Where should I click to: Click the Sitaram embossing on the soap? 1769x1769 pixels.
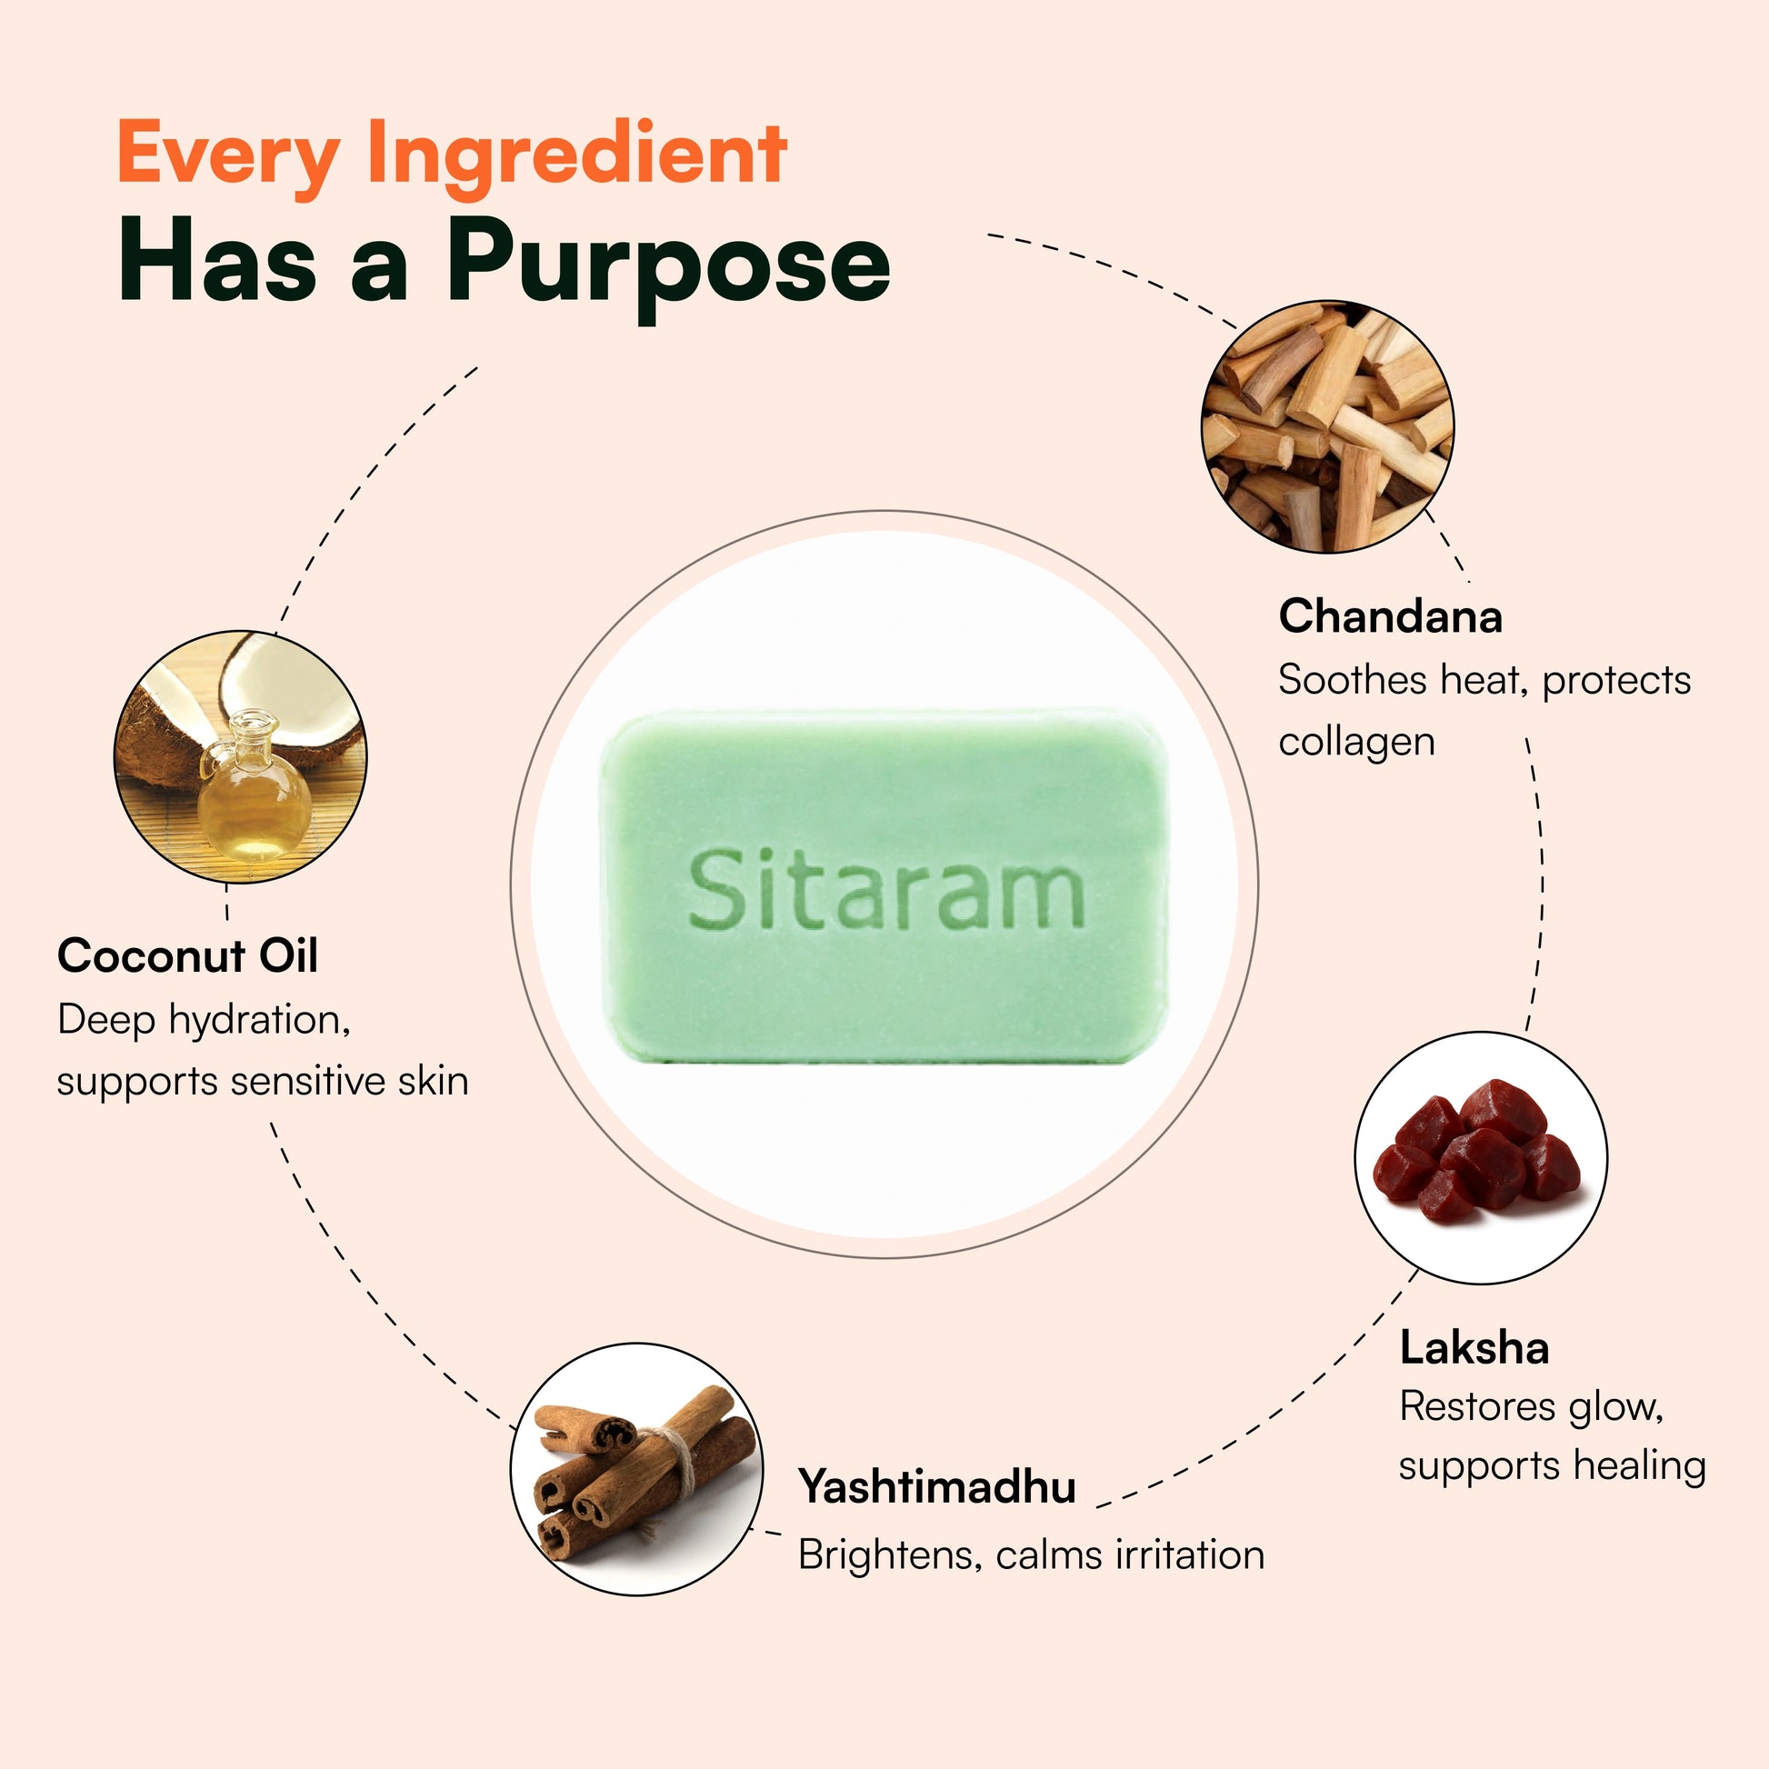pyautogui.click(x=885, y=888)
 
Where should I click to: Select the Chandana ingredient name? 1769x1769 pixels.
pyautogui.click(x=1390, y=616)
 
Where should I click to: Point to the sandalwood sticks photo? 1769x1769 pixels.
pyautogui.click(x=1327, y=425)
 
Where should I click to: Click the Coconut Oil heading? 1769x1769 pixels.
pyautogui.click(x=187, y=956)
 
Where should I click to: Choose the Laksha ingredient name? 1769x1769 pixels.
pyautogui.click(x=1474, y=1349)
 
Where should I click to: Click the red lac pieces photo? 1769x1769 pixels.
pyautogui.click(x=1480, y=1156)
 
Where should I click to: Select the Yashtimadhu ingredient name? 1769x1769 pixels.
pyautogui.click(x=936, y=1485)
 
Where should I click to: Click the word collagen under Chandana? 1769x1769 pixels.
pyautogui.click(x=1356, y=742)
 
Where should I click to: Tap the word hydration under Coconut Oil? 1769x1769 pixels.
pyautogui.click(x=259, y=1019)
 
